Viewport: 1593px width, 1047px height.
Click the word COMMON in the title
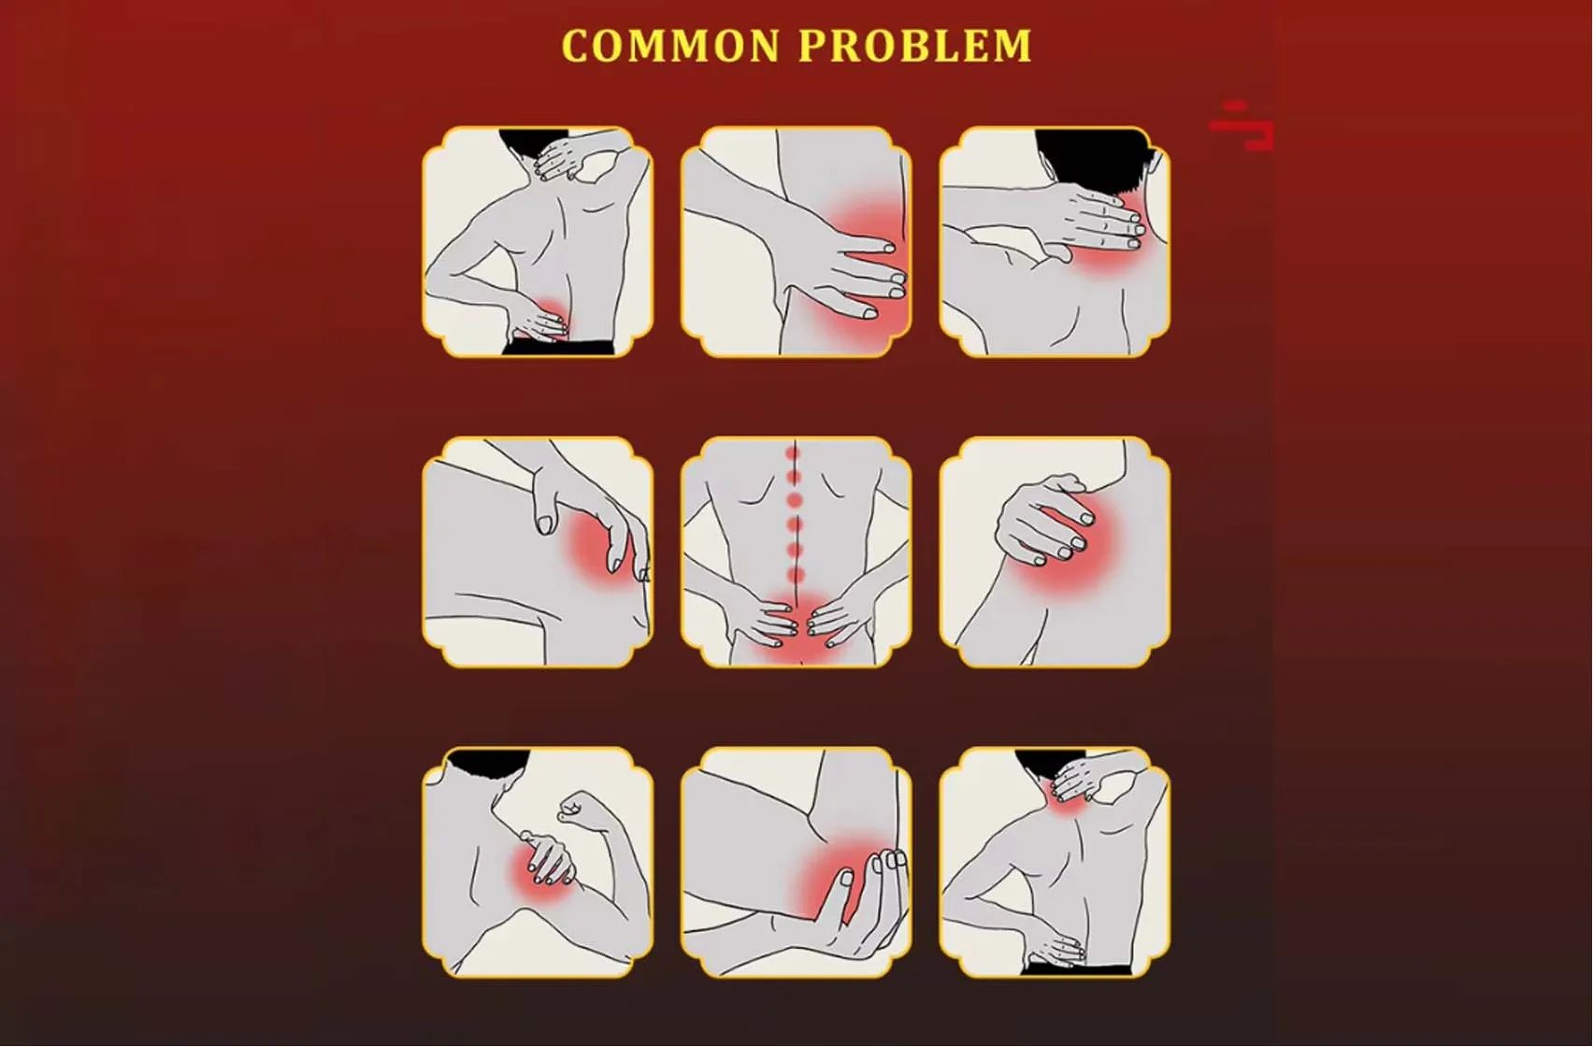670,47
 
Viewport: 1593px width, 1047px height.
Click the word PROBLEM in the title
915,47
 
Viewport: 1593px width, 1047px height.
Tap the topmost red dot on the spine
794,454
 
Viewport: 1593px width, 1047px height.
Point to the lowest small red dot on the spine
796,574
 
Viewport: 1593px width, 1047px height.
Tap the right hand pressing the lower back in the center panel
838,622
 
